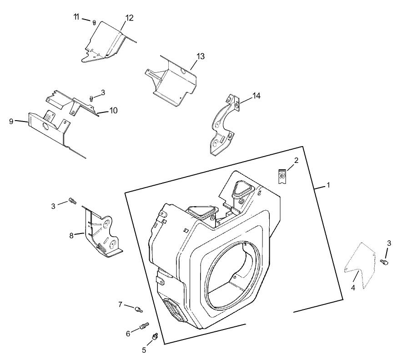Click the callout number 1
coord(328,186)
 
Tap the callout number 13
coord(201,56)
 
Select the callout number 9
coord(11,121)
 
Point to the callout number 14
coord(257,96)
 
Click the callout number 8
coord(71,235)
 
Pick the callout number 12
coord(130,18)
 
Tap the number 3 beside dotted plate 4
coord(389,243)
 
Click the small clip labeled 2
coord(282,176)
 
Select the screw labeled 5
coord(155,336)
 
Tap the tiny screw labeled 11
coord(94,21)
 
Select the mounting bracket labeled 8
coord(102,232)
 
